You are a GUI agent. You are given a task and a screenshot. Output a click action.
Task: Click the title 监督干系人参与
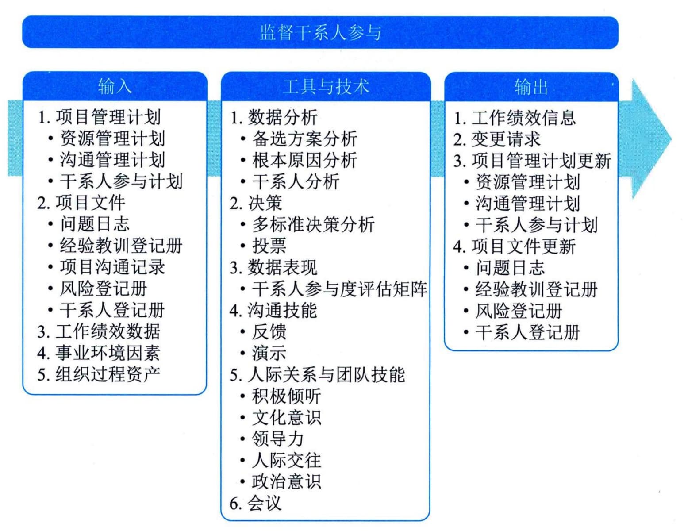[320, 33]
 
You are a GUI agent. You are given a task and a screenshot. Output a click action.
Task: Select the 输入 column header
[115, 86]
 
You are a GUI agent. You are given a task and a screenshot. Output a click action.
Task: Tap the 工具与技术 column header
[326, 87]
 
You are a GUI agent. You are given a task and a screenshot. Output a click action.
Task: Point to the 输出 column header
[531, 87]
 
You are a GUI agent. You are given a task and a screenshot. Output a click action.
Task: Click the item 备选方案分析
[304, 139]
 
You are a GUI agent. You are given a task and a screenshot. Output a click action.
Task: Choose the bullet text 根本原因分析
[304, 160]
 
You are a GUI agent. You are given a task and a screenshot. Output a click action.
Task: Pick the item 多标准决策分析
[313, 224]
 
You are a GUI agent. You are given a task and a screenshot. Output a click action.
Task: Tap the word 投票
[269, 246]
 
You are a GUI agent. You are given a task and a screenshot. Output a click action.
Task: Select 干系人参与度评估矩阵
[339, 289]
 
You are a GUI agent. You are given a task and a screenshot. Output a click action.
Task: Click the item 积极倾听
[286, 396]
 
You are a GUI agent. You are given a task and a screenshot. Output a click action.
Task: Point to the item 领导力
[278, 439]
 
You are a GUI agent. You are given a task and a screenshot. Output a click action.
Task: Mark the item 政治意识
[286, 481]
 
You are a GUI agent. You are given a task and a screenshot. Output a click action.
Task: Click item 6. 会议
[255, 503]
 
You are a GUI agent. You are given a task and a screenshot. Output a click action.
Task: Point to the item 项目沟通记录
[112, 267]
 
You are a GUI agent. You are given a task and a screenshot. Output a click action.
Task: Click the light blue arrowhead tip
[671, 139]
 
